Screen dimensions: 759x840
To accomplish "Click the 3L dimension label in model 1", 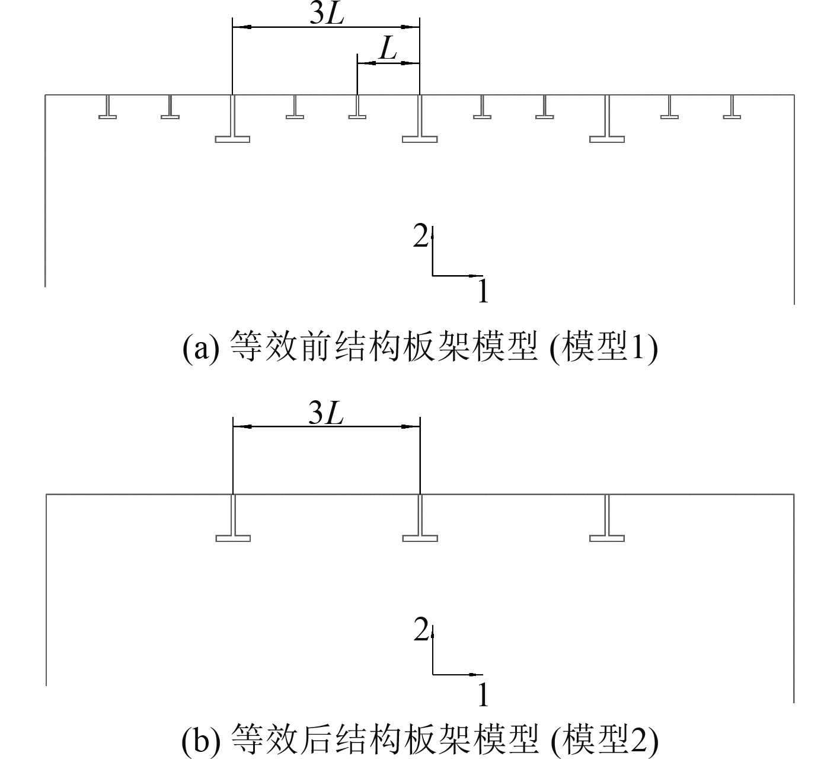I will click(327, 15).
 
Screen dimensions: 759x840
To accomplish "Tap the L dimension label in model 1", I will click(388, 50).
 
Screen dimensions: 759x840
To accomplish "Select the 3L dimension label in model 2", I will click(327, 414).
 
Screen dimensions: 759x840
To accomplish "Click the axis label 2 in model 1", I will click(420, 238).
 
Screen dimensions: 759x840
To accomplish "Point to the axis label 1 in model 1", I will click(484, 292).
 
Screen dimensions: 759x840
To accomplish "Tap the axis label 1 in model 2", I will click(484, 694).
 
